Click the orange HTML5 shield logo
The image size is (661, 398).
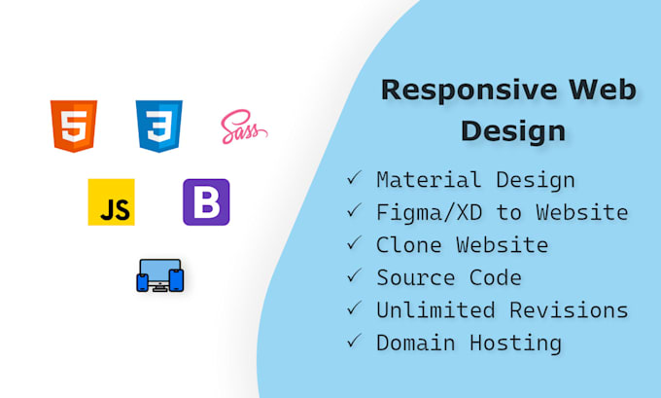click(74, 126)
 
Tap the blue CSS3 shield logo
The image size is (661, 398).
click(159, 126)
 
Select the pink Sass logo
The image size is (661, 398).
click(242, 127)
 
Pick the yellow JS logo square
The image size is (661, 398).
click(111, 202)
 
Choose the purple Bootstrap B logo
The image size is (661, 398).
click(206, 202)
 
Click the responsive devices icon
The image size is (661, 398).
click(159, 275)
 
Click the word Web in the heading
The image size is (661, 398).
click(605, 90)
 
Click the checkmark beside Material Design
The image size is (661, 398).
click(354, 178)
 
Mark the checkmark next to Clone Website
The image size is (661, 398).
click(354, 243)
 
